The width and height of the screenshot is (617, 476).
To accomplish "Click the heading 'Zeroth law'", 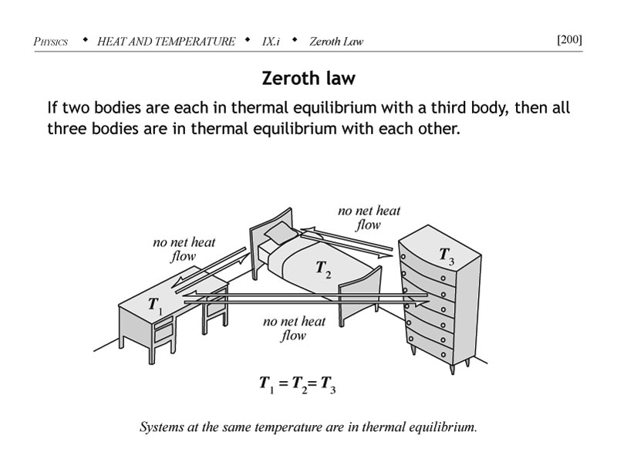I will (308, 79).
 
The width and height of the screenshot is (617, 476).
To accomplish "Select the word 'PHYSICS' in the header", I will (51, 42).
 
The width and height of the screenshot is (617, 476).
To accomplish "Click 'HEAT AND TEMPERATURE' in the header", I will (166, 42).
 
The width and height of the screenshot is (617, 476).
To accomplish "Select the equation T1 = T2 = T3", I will (297, 385).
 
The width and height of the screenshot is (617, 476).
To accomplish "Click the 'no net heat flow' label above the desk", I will (184, 249).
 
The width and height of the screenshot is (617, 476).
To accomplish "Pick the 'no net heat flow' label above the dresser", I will (369, 217).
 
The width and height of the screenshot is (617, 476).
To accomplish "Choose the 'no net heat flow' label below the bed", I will (294, 328).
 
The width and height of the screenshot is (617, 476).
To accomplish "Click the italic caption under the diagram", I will (308, 426).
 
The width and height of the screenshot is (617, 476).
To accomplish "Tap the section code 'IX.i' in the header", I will (271, 42).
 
